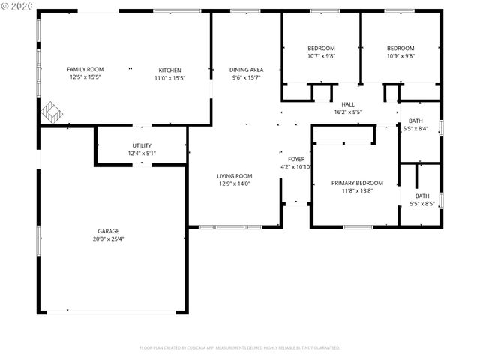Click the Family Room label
85,69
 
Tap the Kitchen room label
169,69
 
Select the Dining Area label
246,69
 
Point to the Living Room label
234,175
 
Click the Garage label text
108,231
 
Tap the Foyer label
295,159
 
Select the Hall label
348,104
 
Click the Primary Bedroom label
346,183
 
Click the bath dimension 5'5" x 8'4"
415,129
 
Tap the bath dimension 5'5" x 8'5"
422,203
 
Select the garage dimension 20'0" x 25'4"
108,239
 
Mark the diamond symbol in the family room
52,113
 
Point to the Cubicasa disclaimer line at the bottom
240,348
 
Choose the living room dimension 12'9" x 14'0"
234,184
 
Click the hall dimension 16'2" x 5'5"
348,112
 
